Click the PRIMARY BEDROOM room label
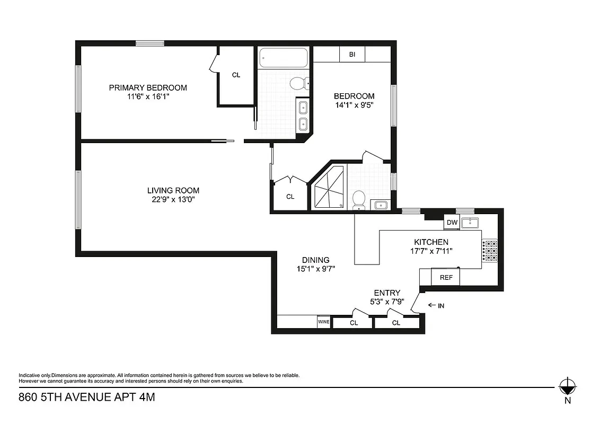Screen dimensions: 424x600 [x=148, y=87]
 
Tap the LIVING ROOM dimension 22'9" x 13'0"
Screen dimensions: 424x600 [x=173, y=199]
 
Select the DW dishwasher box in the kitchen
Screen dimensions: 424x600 [x=452, y=223]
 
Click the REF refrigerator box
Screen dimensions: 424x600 [x=445, y=277]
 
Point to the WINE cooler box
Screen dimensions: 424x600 [x=323, y=322]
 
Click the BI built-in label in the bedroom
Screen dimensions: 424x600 [x=352, y=54]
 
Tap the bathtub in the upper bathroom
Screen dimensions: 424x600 [x=283, y=58]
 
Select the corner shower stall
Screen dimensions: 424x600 [x=329, y=189]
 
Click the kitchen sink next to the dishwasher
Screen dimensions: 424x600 [x=470, y=223]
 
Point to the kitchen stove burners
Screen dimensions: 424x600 [x=490, y=252]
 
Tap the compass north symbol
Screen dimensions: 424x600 [x=568, y=385]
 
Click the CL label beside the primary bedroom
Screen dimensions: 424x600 [x=236, y=75]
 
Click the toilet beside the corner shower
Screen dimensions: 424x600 [x=358, y=199]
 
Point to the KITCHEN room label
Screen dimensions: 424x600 [x=431, y=242]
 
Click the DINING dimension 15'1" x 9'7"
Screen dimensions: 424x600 [x=316, y=269]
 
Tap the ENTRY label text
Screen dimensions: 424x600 [x=387, y=293]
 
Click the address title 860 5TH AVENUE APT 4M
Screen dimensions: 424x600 [x=87, y=396]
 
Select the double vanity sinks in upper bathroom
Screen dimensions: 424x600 [x=303, y=116]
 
